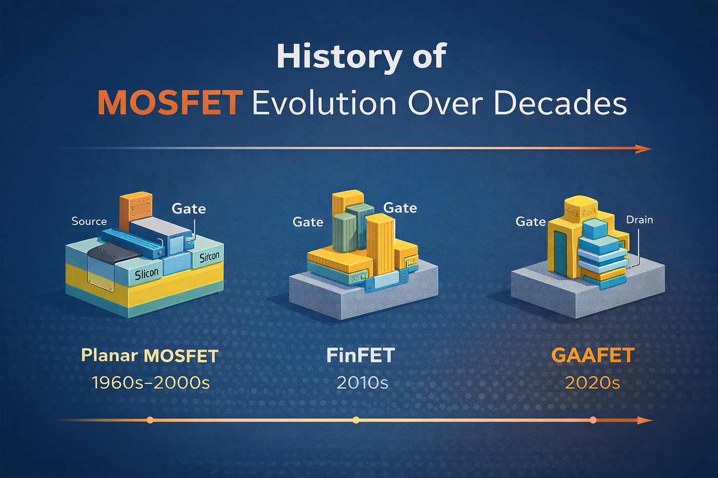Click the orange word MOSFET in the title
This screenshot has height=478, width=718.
(x=170, y=103)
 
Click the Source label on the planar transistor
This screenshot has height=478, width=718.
(x=89, y=221)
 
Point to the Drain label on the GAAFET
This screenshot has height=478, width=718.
(x=640, y=220)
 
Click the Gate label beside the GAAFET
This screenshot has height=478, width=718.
(x=530, y=221)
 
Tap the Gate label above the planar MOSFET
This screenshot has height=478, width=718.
(x=189, y=209)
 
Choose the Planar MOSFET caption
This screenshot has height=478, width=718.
(x=150, y=356)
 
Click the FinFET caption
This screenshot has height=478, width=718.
(x=361, y=355)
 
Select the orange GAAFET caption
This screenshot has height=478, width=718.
(x=593, y=355)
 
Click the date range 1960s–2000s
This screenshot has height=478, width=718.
(x=151, y=383)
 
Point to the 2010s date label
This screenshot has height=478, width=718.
(x=363, y=383)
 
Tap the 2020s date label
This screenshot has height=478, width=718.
(x=592, y=383)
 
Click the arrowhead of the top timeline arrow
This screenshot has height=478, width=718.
(x=644, y=149)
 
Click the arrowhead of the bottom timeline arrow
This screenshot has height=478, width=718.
(x=645, y=421)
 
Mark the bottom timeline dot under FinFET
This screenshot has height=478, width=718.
(x=356, y=420)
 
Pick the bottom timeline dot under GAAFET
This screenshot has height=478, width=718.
(x=593, y=420)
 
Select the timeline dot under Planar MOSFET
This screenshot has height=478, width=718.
(x=150, y=420)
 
